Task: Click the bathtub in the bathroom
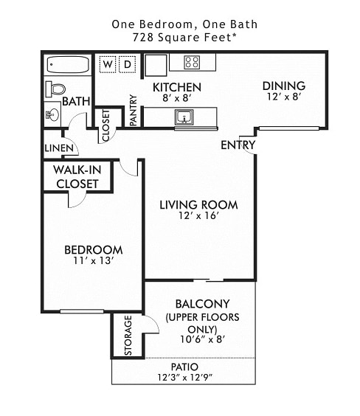[67, 65]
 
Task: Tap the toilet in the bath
[55, 89]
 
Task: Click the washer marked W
[108, 65]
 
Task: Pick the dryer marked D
[127, 65]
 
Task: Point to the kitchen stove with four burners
[192, 63]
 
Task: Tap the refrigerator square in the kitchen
[156, 65]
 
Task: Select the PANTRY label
[134, 110]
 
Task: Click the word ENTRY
[238, 145]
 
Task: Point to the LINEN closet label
[59, 148]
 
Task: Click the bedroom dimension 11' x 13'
[92, 260]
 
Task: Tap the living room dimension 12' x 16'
[198, 216]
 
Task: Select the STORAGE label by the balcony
[128, 336]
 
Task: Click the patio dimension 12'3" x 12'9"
[184, 378]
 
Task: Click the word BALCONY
[202, 303]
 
